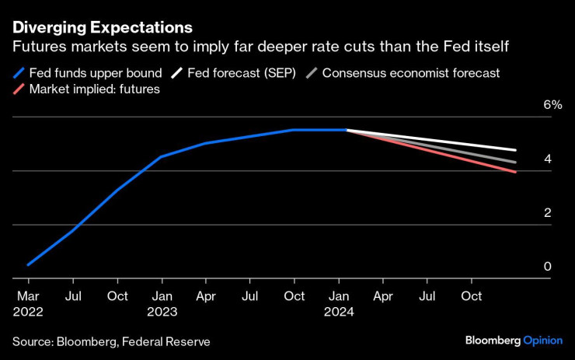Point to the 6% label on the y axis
[552, 105]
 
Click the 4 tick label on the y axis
[547, 159]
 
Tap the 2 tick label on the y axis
[547, 213]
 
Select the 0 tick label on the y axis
[547, 267]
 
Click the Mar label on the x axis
[28, 296]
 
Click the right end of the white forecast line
[516, 150]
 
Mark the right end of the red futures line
[516, 172]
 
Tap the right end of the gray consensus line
[516, 163]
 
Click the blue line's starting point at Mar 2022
[28, 265]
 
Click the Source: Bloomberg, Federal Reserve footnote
[110, 341]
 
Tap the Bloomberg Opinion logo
[514, 341]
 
